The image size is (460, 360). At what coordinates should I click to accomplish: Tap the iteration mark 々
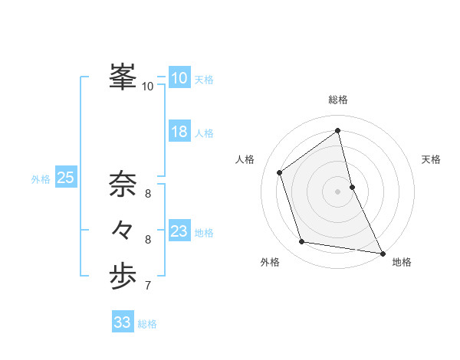[x=123, y=229]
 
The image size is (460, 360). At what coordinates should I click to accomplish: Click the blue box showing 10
[x=179, y=77]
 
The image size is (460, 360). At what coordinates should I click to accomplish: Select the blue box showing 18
[x=179, y=132]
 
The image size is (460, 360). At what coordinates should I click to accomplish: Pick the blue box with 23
[x=179, y=231]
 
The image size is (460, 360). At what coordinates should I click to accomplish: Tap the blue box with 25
[x=65, y=178]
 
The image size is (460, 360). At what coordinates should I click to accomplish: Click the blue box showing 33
[x=122, y=322]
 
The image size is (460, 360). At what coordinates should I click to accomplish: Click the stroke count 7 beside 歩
[x=148, y=286]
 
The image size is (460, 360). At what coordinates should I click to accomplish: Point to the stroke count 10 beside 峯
[x=148, y=87]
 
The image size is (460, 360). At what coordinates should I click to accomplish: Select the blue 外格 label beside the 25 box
[x=41, y=179]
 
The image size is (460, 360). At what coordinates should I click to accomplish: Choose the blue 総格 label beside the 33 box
[x=147, y=324]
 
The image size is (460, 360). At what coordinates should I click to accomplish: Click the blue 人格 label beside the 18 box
[x=204, y=133]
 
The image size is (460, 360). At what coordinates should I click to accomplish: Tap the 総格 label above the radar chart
[x=338, y=100]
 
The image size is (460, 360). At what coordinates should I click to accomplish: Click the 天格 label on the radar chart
[x=432, y=159]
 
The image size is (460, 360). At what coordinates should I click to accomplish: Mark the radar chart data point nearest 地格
[x=382, y=253]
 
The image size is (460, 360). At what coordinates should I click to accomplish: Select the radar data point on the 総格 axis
[x=338, y=130]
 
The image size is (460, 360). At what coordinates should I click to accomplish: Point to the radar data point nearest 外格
[x=302, y=242]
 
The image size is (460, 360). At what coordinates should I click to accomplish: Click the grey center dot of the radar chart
[x=338, y=191]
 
